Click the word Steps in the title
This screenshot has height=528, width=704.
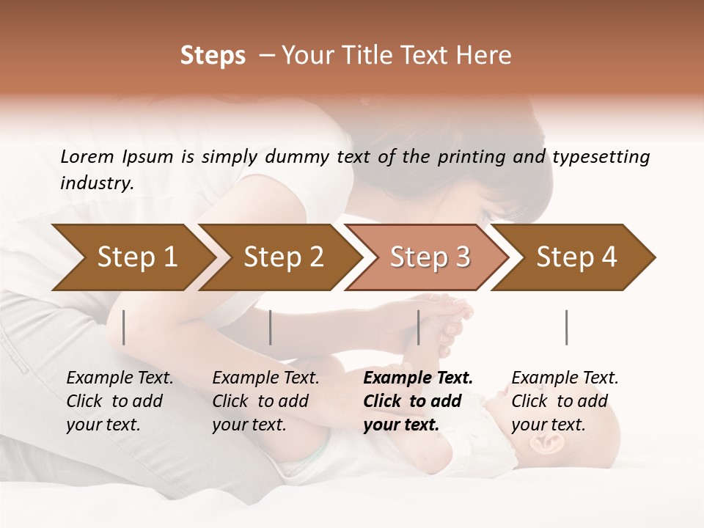(x=213, y=56)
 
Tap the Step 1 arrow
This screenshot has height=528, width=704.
(x=136, y=257)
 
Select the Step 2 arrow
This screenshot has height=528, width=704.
(x=283, y=257)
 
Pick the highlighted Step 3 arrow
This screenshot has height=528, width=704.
(x=430, y=257)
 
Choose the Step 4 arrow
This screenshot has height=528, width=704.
(x=576, y=257)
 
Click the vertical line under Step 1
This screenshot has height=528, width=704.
(x=124, y=327)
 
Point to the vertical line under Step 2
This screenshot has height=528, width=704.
(x=271, y=327)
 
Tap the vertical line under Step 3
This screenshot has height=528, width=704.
(x=419, y=327)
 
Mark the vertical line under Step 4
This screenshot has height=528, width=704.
(x=567, y=327)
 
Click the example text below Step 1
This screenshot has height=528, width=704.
(x=120, y=401)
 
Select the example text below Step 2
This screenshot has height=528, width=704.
(x=265, y=401)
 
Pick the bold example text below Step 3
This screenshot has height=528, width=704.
(x=418, y=401)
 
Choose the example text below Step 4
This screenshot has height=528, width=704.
(x=565, y=401)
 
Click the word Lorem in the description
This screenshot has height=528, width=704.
(x=87, y=156)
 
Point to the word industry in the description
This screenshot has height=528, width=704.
(x=97, y=183)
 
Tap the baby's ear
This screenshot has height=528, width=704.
(x=550, y=445)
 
